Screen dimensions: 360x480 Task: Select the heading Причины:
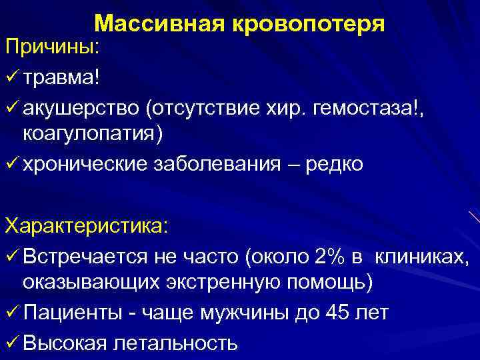point(53,48)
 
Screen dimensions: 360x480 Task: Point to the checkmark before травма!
point(11,79)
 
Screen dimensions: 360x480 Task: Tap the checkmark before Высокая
point(11,342)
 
